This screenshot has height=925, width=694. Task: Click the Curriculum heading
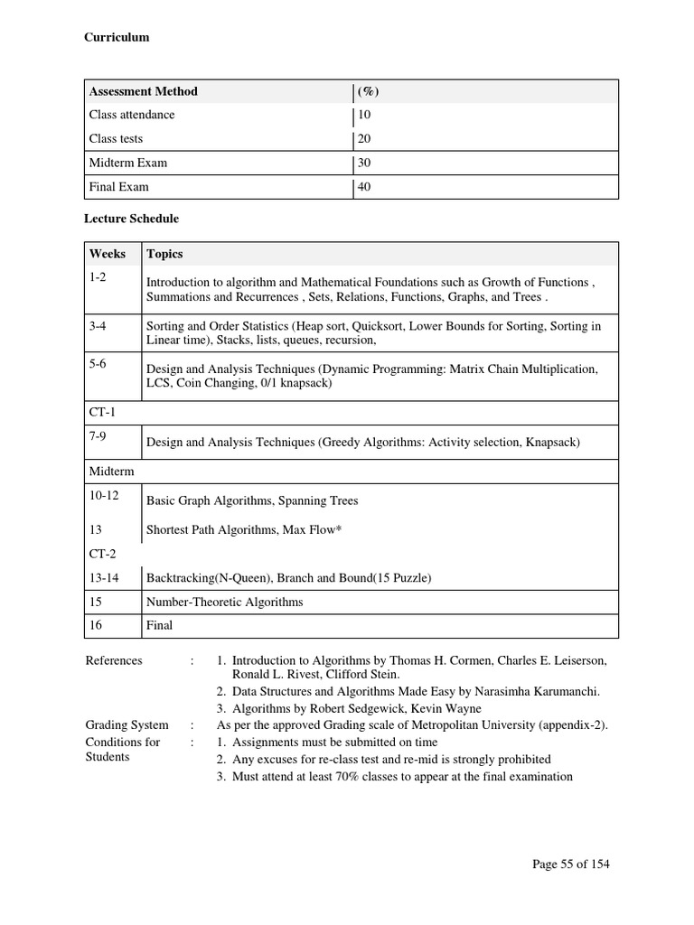(x=117, y=37)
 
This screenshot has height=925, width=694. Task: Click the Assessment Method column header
(x=143, y=91)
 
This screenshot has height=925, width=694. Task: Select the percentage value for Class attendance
(x=364, y=115)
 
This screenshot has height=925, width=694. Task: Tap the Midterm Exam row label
(x=127, y=163)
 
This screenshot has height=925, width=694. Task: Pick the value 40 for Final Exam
(x=364, y=187)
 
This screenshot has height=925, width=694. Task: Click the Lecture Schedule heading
(x=131, y=219)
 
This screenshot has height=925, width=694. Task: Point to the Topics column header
(x=164, y=254)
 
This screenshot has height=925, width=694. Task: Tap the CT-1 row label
(x=102, y=412)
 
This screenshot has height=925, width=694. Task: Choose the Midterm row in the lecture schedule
(x=109, y=472)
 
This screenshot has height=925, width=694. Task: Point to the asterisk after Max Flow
(x=339, y=528)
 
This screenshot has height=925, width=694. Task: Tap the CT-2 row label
(x=102, y=552)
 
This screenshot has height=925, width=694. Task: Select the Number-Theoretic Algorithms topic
(x=224, y=602)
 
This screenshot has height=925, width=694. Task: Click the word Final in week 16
(x=159, y=625)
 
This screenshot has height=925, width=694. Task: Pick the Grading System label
(x=127, y=724)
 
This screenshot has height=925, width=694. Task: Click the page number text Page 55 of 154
(x=571, y=864)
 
